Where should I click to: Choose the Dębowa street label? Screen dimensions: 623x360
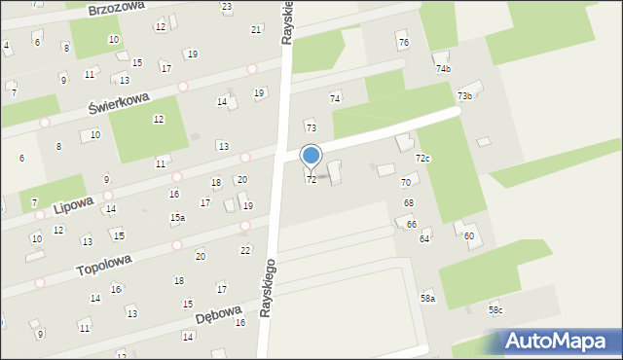(217, 316)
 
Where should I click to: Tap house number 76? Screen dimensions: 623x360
(403, 44)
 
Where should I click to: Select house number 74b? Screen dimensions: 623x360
(443, 69)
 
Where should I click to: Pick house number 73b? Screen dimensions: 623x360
(465, 95)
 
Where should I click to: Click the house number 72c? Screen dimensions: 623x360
(422, 158)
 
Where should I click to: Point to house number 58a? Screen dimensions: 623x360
(427, 298)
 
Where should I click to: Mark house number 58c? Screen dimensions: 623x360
(495, 309)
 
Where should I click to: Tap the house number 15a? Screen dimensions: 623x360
(177, 218)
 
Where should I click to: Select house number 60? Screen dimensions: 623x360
(468, 236)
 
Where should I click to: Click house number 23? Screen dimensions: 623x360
(227, 7)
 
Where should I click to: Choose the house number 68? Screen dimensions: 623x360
(409, 202)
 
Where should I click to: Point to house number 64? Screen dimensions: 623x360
(424, 238)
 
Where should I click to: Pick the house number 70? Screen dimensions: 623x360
(405, 183)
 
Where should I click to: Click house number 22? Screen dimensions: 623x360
(245, 250)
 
